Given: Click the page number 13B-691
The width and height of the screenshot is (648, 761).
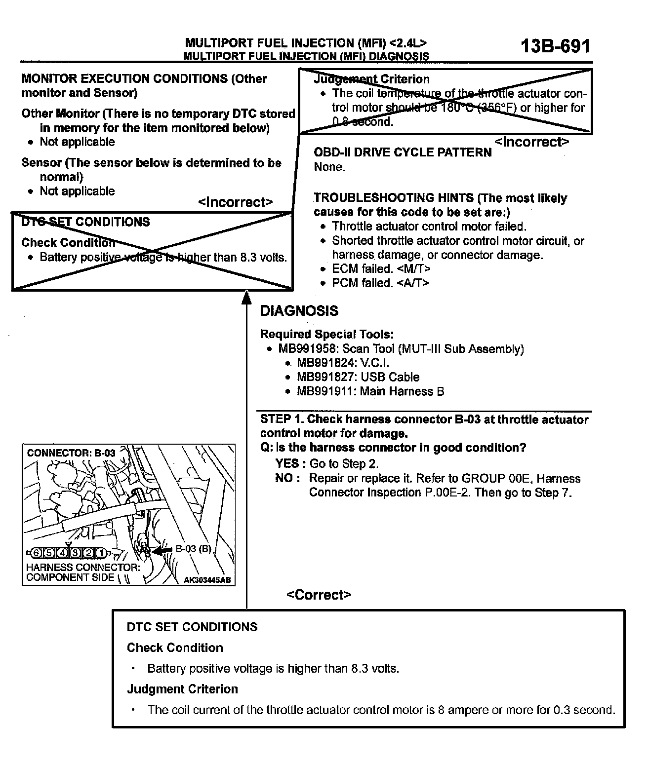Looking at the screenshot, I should coord(555,46).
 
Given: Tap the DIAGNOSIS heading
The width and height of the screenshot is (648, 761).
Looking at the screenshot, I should coord(299,311).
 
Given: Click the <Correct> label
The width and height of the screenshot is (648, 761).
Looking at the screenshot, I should coord(319,595).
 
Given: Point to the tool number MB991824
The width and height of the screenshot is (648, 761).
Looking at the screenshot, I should coord(325,363).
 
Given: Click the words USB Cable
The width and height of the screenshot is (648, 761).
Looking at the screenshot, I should coord(390,378).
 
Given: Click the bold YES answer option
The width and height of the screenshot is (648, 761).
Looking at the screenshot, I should coord(287,463).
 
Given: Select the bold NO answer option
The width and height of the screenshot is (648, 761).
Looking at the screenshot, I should coord(285,478).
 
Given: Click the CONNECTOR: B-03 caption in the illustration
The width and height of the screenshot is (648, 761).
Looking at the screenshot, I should coord(71,453).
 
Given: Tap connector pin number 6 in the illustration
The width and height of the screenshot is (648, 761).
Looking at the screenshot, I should coord(37,553).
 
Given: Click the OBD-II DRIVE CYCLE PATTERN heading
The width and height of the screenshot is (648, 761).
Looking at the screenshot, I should coord(403,152).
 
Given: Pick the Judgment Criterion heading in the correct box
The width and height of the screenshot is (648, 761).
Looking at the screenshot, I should coord(182,689).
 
